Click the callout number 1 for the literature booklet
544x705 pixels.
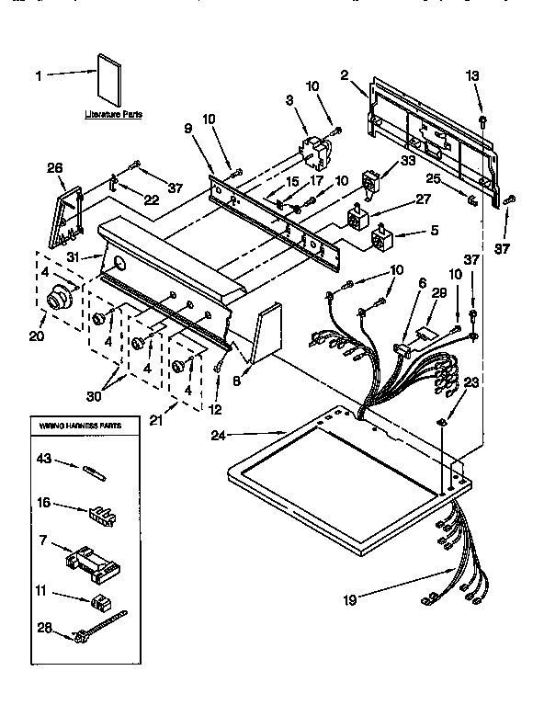click(39, 76)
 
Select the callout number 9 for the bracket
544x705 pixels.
click(190, 130)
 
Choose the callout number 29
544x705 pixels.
click(438, 291)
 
